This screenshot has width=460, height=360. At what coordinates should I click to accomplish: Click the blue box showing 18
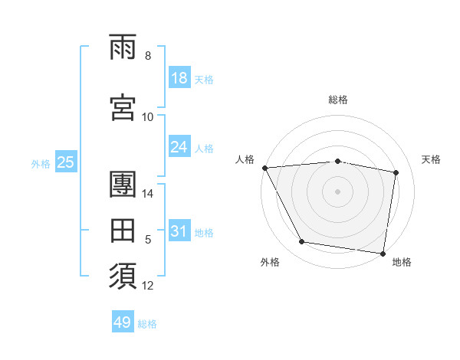point(179,78)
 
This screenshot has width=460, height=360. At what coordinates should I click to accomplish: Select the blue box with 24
point(179,147)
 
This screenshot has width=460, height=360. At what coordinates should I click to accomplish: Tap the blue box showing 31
point(179,231)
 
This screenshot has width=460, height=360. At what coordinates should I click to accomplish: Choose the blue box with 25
point(65,162)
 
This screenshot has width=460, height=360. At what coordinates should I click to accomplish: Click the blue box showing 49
point(123,322)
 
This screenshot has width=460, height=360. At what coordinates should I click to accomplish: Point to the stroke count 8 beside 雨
point(148,56)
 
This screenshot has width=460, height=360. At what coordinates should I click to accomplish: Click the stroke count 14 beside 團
point(148,194)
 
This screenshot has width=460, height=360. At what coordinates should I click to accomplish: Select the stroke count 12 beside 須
point(148,286)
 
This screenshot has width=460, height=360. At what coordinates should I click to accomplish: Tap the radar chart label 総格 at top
point(338,100)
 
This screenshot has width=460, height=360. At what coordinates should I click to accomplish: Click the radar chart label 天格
point(432,159)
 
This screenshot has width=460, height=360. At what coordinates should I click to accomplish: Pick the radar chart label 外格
point(270,262)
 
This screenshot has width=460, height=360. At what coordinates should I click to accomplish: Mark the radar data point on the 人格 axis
point(264,168)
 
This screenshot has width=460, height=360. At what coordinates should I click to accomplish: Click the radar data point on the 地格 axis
point(383,253)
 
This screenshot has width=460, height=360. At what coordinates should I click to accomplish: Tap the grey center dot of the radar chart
point(338,191)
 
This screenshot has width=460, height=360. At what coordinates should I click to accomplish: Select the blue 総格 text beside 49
point(147,324)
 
